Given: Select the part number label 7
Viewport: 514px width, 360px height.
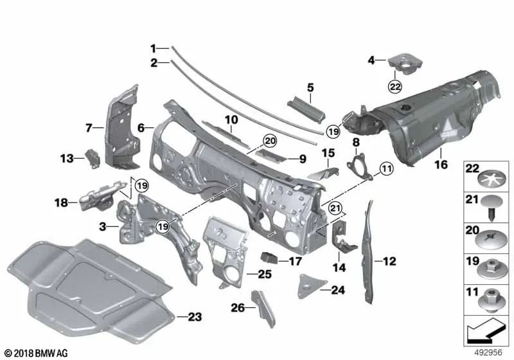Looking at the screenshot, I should pyautogui.click(x=89, y=127).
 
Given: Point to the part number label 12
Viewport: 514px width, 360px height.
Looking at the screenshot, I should pyautogui.click(x=391, y=261).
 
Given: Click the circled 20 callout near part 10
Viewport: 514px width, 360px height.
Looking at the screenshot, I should pyautogui.click(x=269, y=141).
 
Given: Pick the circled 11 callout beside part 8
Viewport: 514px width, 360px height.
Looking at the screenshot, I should pyautogui.click(x=385, y=168).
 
